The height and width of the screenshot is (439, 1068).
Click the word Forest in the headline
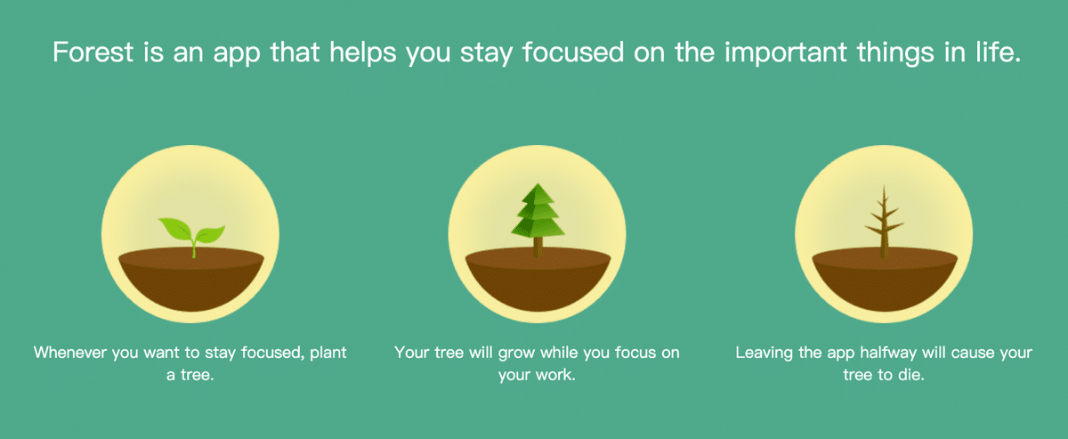[93, 52]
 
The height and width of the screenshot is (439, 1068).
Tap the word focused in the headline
[573, 52]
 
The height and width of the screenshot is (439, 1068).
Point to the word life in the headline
[998, 52]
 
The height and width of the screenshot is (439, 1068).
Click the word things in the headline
[895, 53]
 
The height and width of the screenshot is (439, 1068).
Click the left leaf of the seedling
[175, 228]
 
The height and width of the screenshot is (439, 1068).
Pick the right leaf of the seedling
[209, 234]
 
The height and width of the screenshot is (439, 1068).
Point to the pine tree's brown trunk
[538, 248]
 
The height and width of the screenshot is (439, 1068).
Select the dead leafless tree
[884, 222]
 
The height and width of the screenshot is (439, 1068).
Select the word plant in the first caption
[328, 354]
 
